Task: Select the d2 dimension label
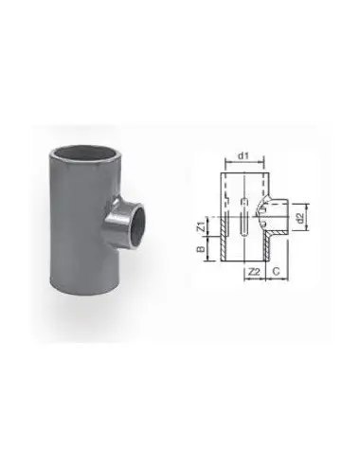(300, 219)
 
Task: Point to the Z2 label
(253, 272)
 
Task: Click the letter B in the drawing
(200, 250)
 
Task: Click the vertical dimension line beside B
(207, 250)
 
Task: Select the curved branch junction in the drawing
(269, 210)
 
